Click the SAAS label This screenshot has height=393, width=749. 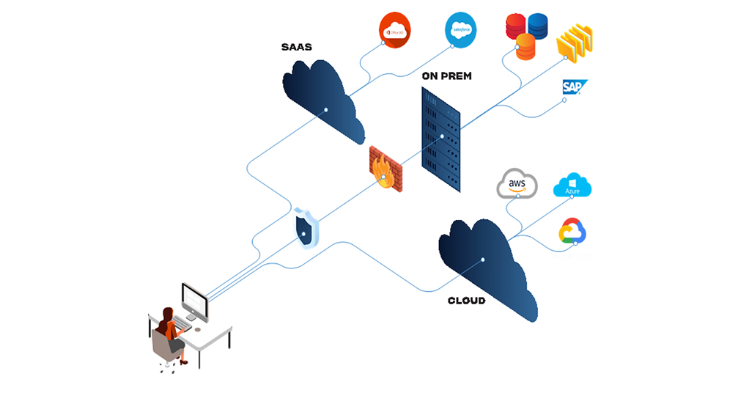click(297, 47)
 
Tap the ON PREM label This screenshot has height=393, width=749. click(446, 76)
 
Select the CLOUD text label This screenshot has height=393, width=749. click(466, 301)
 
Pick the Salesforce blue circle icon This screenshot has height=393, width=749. click(460, 29)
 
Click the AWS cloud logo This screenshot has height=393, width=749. click(517, 183)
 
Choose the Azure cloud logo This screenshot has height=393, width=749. click(572, 186)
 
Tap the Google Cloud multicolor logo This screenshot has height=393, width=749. click(572, 231)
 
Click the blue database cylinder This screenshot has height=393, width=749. click(538, 25)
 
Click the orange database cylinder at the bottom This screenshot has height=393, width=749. click(525, 47)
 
